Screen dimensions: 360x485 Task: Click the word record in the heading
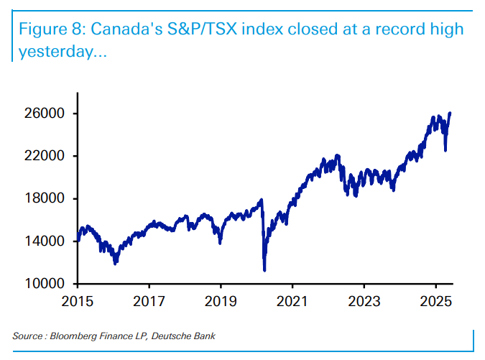tap(394, 31)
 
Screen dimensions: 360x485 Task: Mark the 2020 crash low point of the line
tap(265, 270)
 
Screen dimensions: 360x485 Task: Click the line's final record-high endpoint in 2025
tap(450, 113)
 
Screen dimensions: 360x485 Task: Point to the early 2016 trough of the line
tap(116, 264)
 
